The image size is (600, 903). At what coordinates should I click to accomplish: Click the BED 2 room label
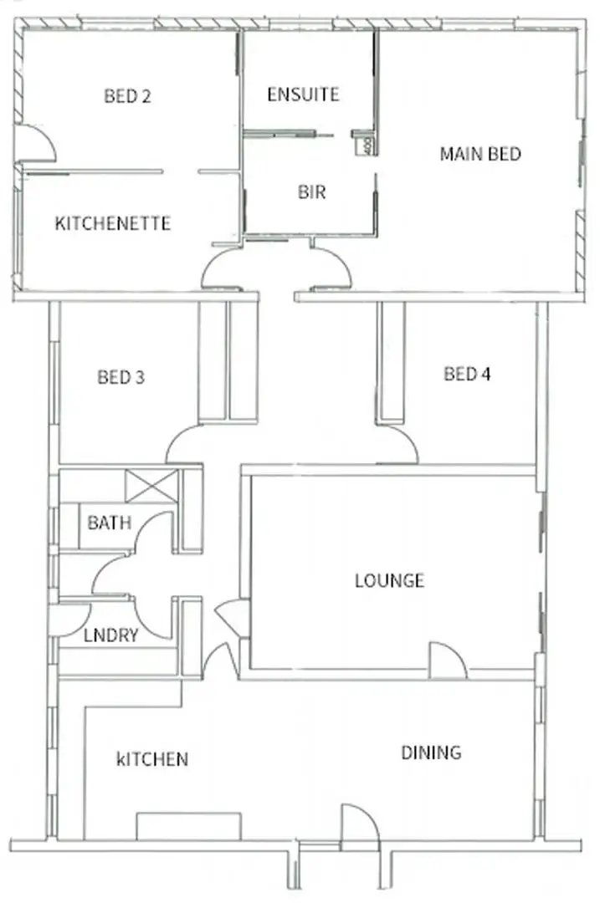(127, 96)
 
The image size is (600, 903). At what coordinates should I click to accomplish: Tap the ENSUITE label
(303, 94)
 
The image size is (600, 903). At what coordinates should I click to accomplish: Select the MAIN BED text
(480, 154)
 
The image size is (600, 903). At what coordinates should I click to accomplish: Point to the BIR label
(311, 192)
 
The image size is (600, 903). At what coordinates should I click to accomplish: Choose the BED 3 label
(121, 377)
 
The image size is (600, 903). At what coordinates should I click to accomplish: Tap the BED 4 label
(467, 374)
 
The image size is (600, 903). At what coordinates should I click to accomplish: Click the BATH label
(109, 523)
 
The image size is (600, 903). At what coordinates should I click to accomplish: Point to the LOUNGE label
(389, 580)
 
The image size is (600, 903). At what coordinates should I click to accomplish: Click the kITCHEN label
(151, 759)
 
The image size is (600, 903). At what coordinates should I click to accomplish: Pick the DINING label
(430, 752)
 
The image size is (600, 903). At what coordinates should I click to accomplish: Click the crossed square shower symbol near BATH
(151, 487)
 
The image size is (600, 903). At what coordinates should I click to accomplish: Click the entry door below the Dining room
(359, 828)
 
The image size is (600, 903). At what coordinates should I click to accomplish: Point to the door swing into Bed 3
(185, 444)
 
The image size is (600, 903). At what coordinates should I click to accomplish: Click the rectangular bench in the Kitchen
(188, 825)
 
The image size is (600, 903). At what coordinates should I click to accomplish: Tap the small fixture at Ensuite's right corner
(365, 144)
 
